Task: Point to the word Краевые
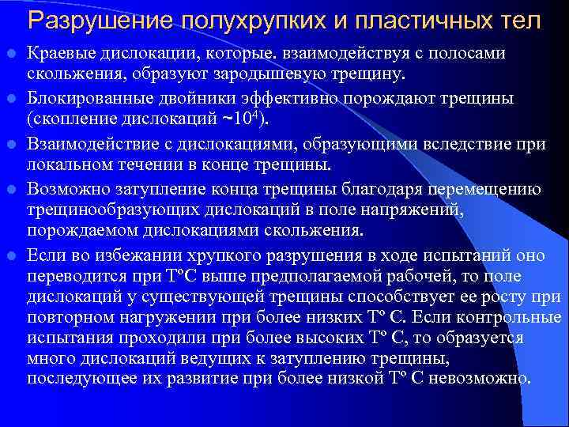click(60, 53)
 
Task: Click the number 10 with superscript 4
click(254, 119)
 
